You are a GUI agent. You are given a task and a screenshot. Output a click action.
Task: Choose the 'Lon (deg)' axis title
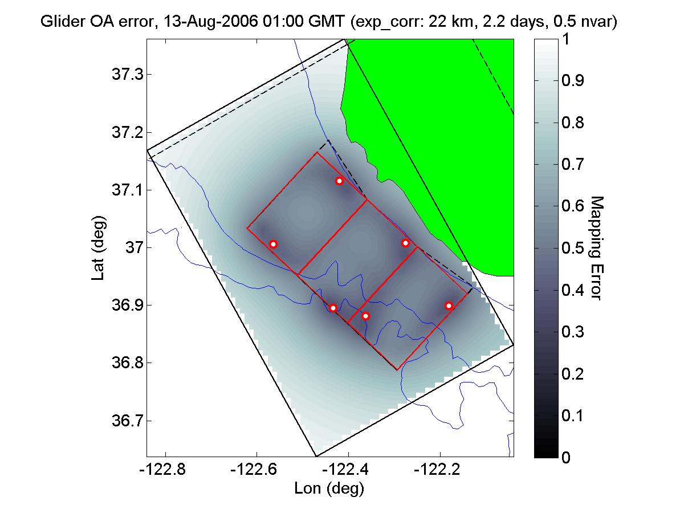(x=329, y=488)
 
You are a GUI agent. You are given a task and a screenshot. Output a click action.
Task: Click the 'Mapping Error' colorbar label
(x=595, y=248)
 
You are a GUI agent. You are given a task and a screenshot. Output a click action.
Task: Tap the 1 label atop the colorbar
(x=565, y=40)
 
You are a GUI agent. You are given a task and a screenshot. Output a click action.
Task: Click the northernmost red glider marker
(x=339, y=181)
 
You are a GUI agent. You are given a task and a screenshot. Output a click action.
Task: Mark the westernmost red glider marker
(x=273, y=244)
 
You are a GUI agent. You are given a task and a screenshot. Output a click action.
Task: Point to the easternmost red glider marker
(x=449, y=306)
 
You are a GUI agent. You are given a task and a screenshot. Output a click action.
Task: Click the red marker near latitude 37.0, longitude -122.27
(x=405, y=243)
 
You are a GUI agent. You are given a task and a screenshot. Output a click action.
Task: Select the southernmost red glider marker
(x=366, y=316)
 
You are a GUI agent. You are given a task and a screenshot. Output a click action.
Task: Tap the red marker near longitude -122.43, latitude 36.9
(x=333, y=308)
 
